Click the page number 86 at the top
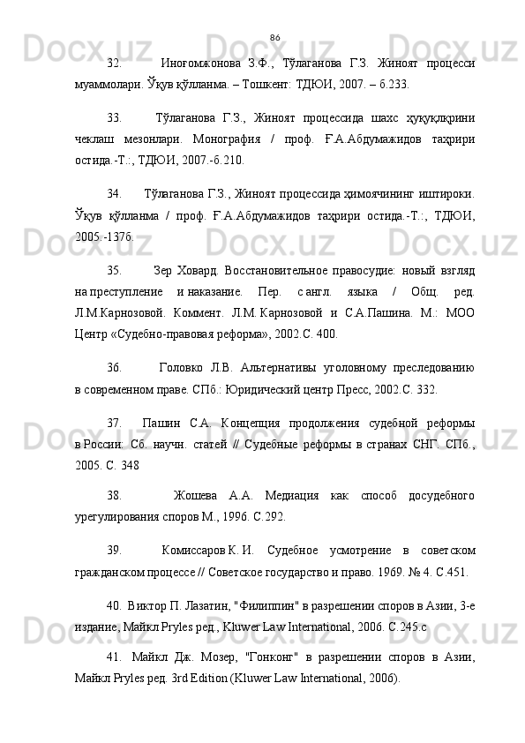(x=274, y=37)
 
